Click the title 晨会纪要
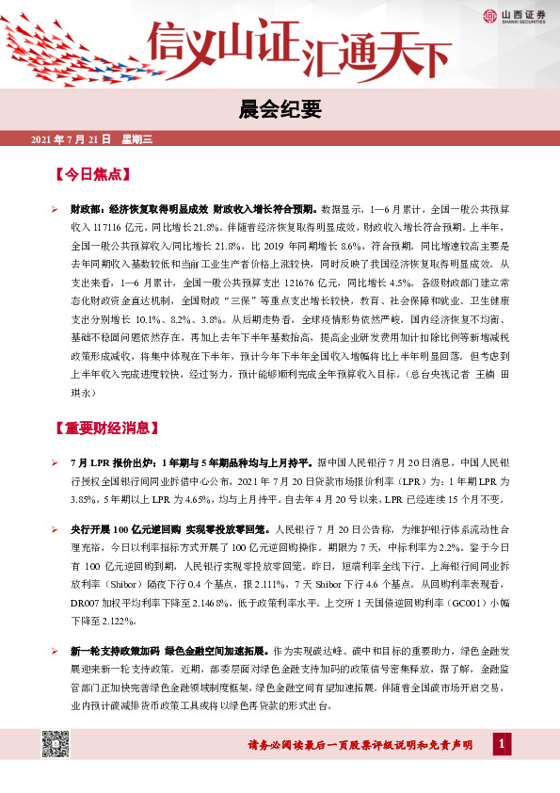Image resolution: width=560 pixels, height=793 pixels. point(280,110)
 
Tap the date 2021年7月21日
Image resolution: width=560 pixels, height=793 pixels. point(72,139)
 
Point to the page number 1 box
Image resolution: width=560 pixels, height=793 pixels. point(504,746)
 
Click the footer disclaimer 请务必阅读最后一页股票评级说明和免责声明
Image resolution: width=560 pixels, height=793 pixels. point(372,746)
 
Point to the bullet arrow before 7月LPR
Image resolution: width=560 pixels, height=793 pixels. point(56,463)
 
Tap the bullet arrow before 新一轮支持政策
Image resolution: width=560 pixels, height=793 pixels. point(56,651)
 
